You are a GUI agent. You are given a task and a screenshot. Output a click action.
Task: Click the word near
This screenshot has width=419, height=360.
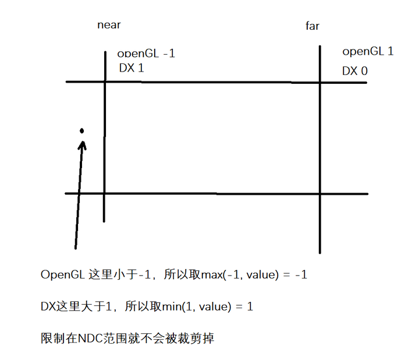click(109, 25)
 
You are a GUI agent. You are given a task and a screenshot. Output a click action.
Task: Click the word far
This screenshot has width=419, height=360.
click(313, 26)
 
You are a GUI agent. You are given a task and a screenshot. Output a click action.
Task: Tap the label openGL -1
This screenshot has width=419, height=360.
click(146, 53)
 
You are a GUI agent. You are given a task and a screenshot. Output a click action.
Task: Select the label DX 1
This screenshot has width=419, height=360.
click(131, 68)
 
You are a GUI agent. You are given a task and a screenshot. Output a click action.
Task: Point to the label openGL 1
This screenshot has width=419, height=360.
click(368, 51)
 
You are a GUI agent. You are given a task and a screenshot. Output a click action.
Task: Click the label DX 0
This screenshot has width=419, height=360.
click(354, 71)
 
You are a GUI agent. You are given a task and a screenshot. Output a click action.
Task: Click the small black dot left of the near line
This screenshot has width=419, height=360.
click(82, 130)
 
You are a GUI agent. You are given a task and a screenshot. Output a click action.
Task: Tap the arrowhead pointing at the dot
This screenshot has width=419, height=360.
click(82, 143)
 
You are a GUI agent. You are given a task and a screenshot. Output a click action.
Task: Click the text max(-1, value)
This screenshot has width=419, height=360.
click(245, 275)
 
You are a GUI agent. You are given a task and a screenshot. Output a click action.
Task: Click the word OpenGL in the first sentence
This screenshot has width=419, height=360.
click(63, 275)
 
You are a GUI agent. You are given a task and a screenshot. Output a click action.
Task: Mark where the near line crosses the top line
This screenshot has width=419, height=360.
click(105, 82)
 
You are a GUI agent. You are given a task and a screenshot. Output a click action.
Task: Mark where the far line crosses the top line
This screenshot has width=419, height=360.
click(320, 83)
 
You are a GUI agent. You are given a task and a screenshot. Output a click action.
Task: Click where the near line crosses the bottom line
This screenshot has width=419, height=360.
click(105, 194)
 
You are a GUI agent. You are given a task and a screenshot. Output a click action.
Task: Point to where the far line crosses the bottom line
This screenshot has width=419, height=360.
click(320, 194)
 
